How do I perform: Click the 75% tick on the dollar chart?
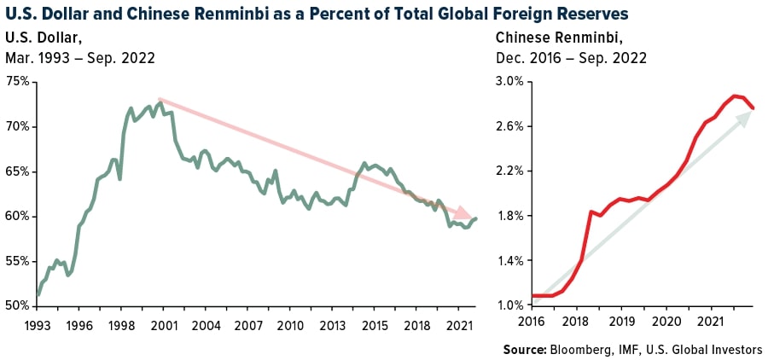[x=18, y=82]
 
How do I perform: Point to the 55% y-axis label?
[x=18, y=261]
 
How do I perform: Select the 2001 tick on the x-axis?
[x=166, y=325]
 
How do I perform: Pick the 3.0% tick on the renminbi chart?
[x=509, y=82]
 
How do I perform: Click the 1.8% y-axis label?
[x=509, y=216]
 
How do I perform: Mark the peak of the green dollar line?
[x=160, y=102]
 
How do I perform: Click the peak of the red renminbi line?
[x=733, y=96]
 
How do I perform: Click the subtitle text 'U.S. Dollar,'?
[x=44, y=37]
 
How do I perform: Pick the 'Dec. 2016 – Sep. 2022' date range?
[x=571, y=58]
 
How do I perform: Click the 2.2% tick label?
[x=509, y=171]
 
